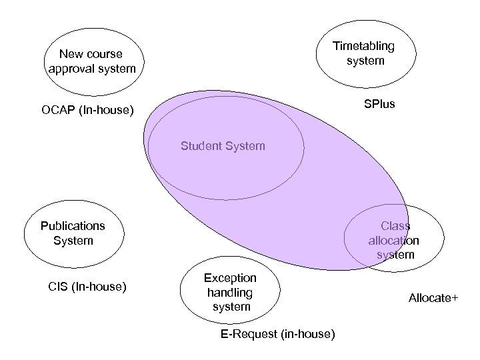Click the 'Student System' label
(x=223, y=146)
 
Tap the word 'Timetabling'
(x=364, y=46)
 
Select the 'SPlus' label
(x=379, y=104)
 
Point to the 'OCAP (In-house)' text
(x=87, y=109)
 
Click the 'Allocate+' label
(x=433, y=299)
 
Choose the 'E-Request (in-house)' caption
(x=277, y=333)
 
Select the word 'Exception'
(x=230, y=277)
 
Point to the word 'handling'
(x=231, y=292)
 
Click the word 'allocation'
(x=394, y=240)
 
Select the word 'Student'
(x=202, y=146)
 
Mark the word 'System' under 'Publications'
(x=73, y=240)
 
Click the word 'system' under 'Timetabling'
(x=365, y=61)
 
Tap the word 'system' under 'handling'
(x=231, y=307)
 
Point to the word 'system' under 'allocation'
(x=395, y=255)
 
